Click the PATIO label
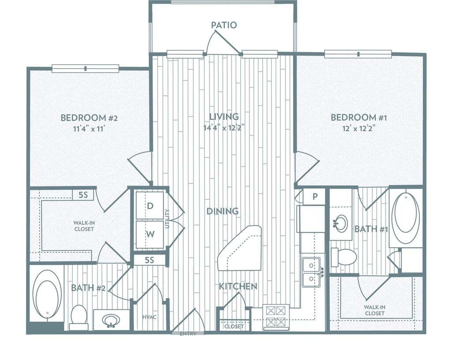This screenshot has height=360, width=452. pos(224,25)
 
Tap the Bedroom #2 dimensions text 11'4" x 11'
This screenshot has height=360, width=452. pos(89,129)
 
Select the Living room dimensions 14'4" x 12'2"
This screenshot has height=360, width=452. pos(224,128)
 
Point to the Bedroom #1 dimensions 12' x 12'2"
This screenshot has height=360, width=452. pos(358,129)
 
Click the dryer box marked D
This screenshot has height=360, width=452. pos(150,205)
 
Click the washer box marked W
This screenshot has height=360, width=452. pos(150,235)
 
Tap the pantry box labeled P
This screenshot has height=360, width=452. pos(315,197)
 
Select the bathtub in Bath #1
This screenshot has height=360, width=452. pos(405,218)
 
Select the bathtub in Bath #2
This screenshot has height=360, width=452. pos(47,295)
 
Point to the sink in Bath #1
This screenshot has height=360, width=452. pos(341,223)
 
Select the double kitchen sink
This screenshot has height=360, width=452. pos(311,272)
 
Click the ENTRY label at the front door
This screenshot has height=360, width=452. pos(188,334)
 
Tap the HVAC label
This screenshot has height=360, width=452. pos(149,317)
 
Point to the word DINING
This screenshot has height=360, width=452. pos(222,211)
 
